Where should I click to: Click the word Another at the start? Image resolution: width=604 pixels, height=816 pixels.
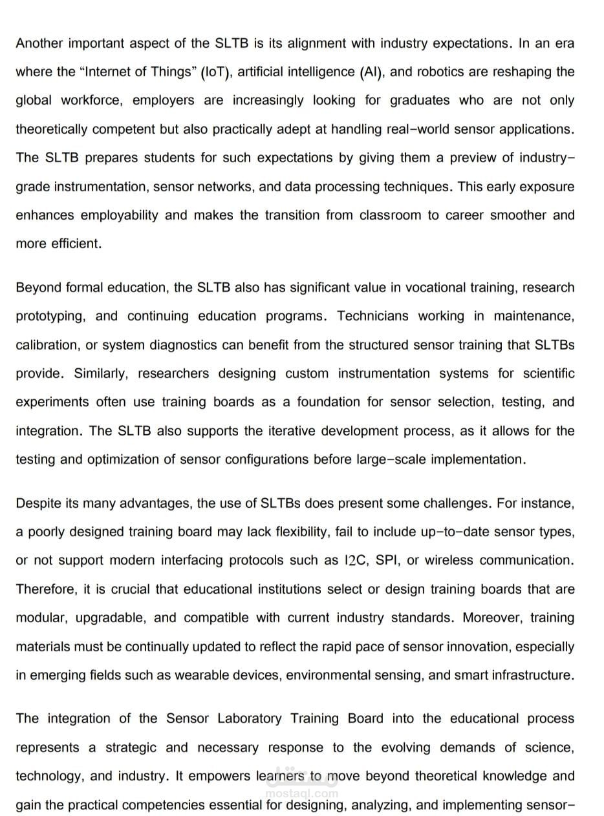pyautogui.click(x=39, y=43)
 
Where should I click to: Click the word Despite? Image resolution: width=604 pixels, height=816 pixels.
pyautogui.click(x=37, y=503)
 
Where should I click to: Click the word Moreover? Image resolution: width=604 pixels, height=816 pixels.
pyautogui.click(x=491, y=618)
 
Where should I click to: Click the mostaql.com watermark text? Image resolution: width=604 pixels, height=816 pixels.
pyautogui.click(x=302, y=793)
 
